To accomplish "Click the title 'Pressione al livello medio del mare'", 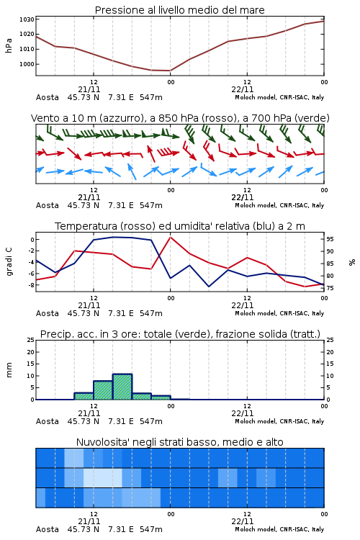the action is pos(179,10).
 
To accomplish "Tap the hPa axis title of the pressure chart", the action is pos(9,45).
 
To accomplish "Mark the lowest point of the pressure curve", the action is pos(170,71).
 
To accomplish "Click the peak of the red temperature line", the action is pos(170,237).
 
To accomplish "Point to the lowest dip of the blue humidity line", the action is pos(209,287).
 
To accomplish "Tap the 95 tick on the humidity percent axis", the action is pos(330,239).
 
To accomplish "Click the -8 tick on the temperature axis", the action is pos(31,285).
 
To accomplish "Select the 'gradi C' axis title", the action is pos(9,262).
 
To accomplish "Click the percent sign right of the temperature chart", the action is pos(352,262).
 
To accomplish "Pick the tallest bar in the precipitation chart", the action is pos(122,387).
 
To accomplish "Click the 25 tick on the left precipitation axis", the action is pos(31,340).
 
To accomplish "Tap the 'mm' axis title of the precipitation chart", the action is pos(9,370).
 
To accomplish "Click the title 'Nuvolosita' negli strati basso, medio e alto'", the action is pos(179,442).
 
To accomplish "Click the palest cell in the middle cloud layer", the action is pos(103,477).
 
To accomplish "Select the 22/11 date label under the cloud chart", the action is pos(243,521).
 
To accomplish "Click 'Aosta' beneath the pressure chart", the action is pos(48,97).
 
